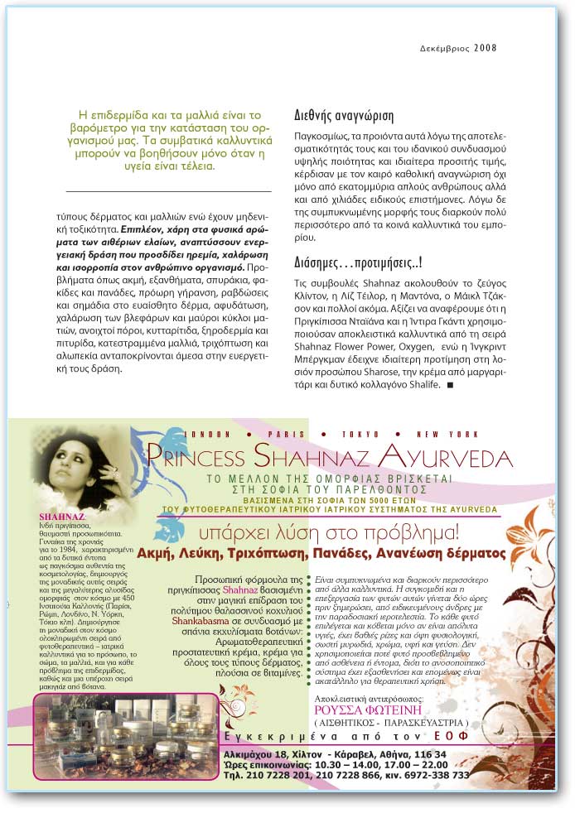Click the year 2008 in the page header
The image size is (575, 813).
486,47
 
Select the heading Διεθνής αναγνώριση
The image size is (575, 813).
344,116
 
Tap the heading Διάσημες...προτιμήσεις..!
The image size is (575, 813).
359,264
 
